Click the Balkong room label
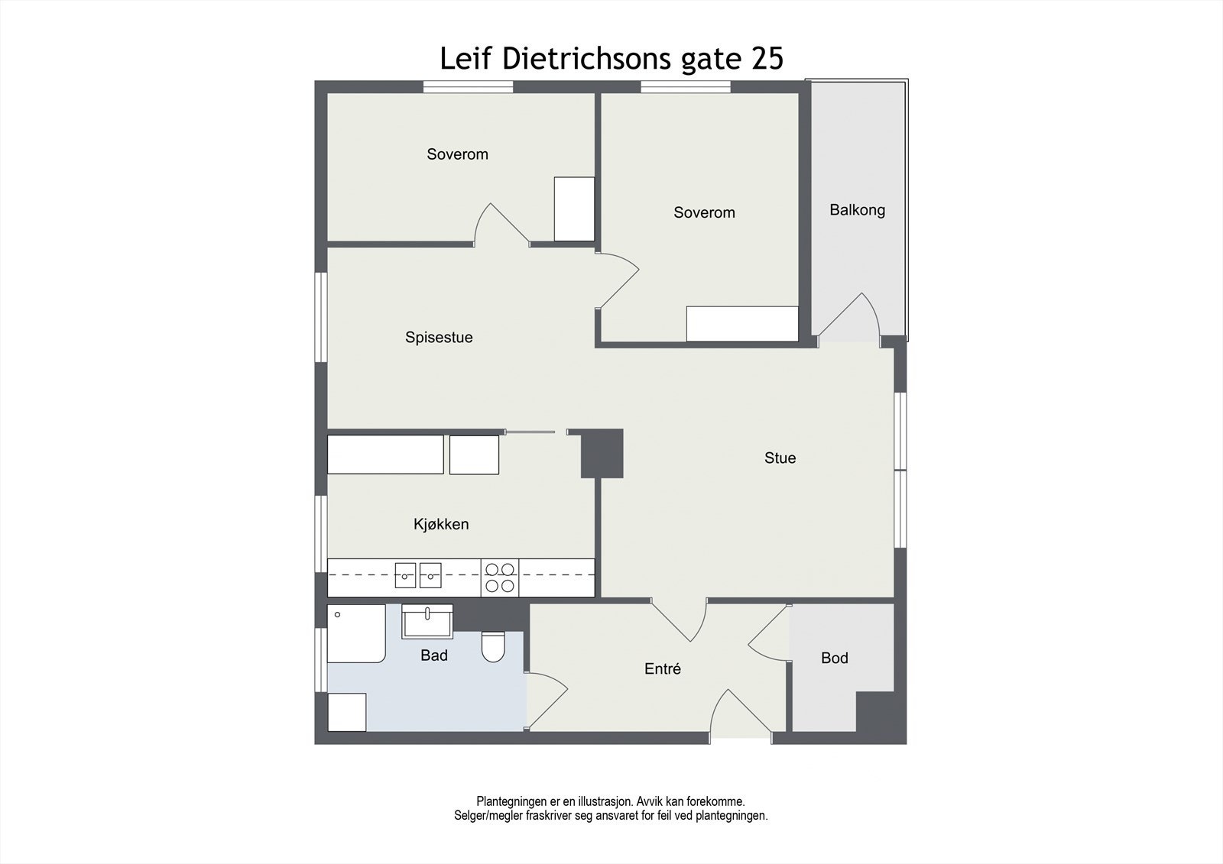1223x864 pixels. click(x=857, y=210)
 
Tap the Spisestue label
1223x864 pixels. click(x=439, y=338)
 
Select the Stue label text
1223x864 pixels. click(x=780, y=458)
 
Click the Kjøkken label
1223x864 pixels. click(x=441, y=524)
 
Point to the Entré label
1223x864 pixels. click(x=662, y=669)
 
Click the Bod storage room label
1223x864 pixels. click(x=834, y=659)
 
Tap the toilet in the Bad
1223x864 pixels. click(x=493, y=647)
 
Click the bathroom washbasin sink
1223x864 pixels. click(x=428, y=621)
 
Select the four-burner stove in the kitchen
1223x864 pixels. click(x=500, y=578)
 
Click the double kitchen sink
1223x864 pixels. click(x=418, y=575)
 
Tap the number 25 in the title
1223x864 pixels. click(x=767, y=59)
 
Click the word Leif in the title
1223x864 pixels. click(x=467, y=59)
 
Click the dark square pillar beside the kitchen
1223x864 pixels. click(x=602, y=453)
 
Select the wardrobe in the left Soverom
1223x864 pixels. click(x=574, y=209)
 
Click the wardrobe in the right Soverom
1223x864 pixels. click(x=741, y=324)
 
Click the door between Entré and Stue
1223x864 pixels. click(x=680, y=620)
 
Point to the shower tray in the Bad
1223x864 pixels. click(x=356, y=633)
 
